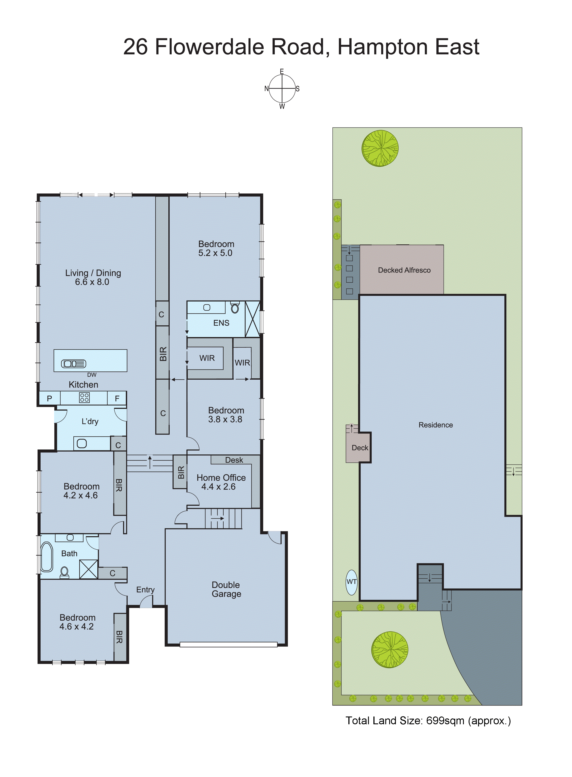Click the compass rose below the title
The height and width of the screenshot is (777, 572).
pos(282,89)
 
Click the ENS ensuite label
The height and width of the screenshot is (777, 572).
pos(221,323)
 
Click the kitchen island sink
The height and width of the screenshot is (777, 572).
pos(73,364)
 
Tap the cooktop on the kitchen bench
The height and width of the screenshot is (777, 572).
pos(84,398)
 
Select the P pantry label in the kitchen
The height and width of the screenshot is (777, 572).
pos(49,399)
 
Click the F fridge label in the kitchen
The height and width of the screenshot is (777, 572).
pos(117,399)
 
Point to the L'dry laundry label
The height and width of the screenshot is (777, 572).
pos(90,421)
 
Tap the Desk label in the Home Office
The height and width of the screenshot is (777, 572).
pos(234,460)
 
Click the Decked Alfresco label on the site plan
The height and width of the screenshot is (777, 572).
pos(404,270)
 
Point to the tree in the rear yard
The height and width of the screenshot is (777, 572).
pos(380,148)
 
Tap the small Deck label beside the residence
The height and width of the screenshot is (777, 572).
pos(360,448)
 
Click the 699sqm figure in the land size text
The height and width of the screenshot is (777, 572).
pos(445,721)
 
